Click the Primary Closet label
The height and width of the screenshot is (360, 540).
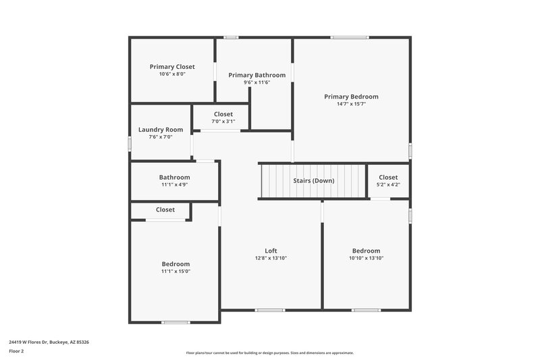point(172,67)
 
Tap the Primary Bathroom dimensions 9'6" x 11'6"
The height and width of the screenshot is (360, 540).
point(256,82)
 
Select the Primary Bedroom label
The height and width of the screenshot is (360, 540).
point(351,97)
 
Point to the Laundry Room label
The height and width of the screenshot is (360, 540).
point(161,130)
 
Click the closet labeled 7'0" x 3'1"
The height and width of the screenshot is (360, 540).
point(223,118)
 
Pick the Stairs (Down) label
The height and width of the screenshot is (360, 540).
point(314,181)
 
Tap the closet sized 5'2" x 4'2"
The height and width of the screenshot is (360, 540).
point(388,181)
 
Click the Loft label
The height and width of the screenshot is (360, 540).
point(271,251)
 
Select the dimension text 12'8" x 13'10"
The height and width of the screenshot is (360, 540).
point(271,258)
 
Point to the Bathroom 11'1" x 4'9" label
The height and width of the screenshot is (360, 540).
point(174,181)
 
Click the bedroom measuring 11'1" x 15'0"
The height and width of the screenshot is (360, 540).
point(175,267)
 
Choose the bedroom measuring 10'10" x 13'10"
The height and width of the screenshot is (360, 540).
point(366,254)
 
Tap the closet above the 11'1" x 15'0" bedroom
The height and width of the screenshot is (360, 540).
point(165,210)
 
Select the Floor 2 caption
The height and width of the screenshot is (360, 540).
point(17,351)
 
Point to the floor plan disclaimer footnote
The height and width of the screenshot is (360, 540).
point(270,353)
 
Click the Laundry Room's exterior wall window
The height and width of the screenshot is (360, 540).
point(130,143)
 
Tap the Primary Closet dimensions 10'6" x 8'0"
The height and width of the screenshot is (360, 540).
point(172,74)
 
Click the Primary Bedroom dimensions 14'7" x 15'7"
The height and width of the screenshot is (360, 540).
point(351,104)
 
